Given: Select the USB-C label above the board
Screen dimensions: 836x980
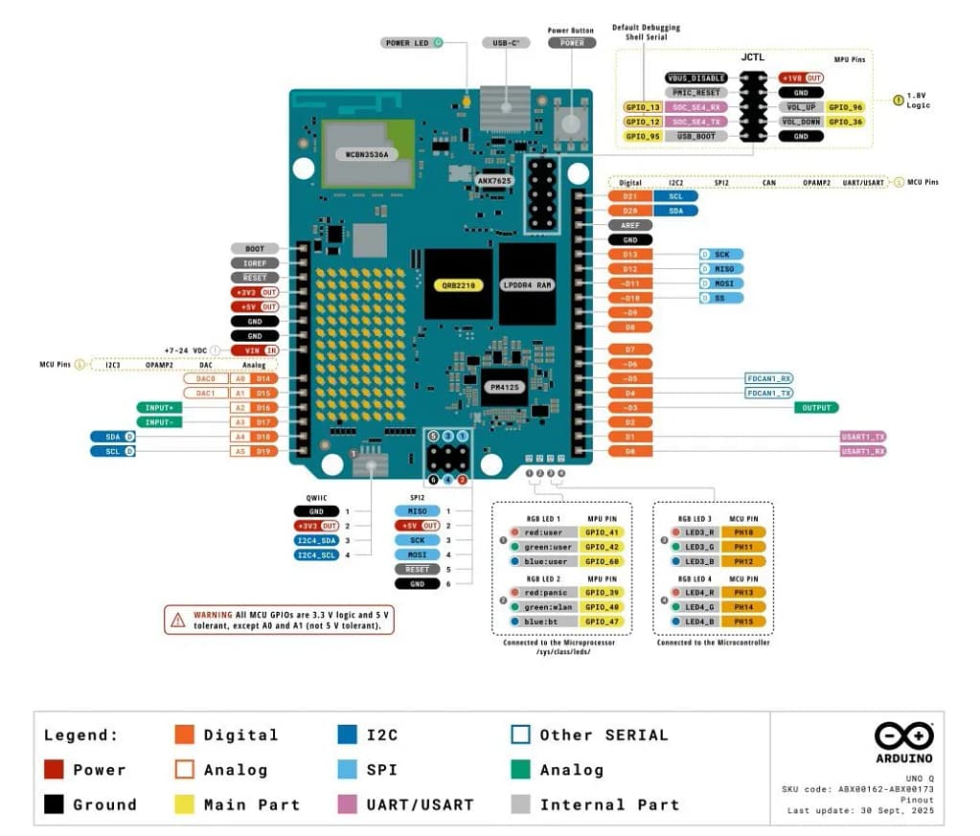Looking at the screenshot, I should pyautogui.click(x=505, y=43).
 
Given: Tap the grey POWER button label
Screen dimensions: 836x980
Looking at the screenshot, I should pyautogui.click(x=572, y=43).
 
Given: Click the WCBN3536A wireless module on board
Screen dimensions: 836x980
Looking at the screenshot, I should pyautogui.click(x=366, y=153).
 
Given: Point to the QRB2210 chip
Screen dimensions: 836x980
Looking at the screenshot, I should pyautogui.click(x=458, y=285).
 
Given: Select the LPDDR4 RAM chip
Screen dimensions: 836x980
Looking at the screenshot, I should pyautogui.click(x=526, y=285).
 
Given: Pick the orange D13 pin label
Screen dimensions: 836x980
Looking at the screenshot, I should pyautogui.click(x=630, y=255).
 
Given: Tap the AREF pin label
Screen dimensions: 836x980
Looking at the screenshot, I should pyautogui.click(x=630, y=225).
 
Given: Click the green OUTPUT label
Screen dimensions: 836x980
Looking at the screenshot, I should pyautogui.click(x=816, y=408).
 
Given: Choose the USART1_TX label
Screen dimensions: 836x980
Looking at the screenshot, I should pyautogui.click(x=863, y=437).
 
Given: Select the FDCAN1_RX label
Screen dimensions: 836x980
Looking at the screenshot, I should pyautogui.click(x=769, y=378).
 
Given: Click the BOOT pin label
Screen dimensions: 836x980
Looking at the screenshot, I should pyautogui.click(x=255, y=249).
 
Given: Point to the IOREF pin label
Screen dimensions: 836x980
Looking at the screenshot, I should pyautogui.click(x=255, y=263).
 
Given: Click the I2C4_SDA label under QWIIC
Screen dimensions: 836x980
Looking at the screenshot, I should pyautogui.click(x=317, y=540).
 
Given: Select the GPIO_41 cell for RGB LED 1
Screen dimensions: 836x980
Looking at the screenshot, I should pyautogui.click(x=603, y=532).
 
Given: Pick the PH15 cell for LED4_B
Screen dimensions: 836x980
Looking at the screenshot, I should pyautogui.click(x=743, y=621).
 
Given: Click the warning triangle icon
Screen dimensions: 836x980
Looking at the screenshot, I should pyautogui.click(x=177, y=621).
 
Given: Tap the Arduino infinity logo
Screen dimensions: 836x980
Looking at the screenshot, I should pyautogui.click(x=902, y=735).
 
